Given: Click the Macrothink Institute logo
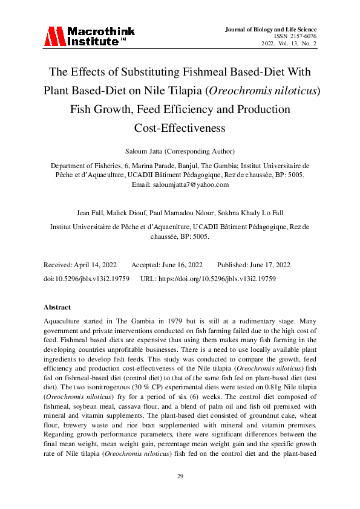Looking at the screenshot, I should [x=89, y=37].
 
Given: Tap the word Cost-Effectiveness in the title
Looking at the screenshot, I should [x=180, y=128].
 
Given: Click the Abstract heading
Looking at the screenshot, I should [x=57, y=307].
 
